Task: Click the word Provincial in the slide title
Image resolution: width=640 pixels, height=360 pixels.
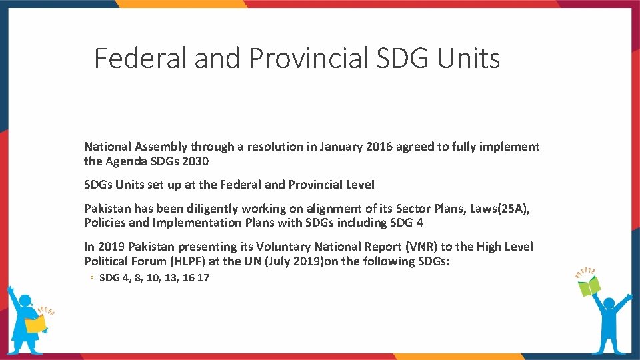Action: pos(309,59)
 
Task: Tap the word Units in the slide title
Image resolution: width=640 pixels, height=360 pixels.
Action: pos(468,59)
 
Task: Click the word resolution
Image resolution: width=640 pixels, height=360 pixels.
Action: pos(275,147)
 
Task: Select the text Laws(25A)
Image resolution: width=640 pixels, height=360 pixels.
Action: pos(499,209)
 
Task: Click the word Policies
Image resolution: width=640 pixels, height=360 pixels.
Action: pos(105,223)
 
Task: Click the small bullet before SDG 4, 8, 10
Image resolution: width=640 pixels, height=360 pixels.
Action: pos(93,278)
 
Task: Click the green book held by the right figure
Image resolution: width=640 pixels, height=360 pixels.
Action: pos(589,286)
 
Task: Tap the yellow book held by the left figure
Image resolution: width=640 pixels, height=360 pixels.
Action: pos(35,323)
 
